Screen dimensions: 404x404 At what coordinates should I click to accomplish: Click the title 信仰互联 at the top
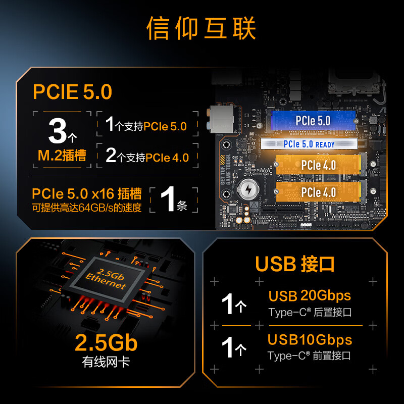coord(201,29)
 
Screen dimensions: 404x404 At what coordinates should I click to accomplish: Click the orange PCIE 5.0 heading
coord(72,92)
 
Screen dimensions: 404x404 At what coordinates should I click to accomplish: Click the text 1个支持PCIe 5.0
coord(146,126)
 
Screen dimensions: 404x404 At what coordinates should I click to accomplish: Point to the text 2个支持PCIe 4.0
coord(147,157)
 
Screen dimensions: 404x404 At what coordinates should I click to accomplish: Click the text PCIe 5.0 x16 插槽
coord(87,194)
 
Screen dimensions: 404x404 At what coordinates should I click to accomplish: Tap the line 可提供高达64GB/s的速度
coord(87,208)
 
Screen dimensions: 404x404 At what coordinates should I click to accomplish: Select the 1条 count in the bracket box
coord(173,200)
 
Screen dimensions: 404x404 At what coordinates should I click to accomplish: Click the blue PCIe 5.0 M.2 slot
coord(313,121)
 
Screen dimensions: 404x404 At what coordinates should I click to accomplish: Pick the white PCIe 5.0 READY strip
coord(309,144)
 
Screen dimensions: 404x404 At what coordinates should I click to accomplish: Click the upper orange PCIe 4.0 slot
coord(318,165)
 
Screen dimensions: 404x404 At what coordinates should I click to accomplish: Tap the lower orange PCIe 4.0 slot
coord(318,192)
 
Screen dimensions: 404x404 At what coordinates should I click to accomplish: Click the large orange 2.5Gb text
coord(106,343)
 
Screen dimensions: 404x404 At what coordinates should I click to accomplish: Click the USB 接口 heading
coord(295,264)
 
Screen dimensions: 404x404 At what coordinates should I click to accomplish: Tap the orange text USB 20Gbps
coord(310,296)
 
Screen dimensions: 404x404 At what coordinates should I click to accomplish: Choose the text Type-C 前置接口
coord(309,356)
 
